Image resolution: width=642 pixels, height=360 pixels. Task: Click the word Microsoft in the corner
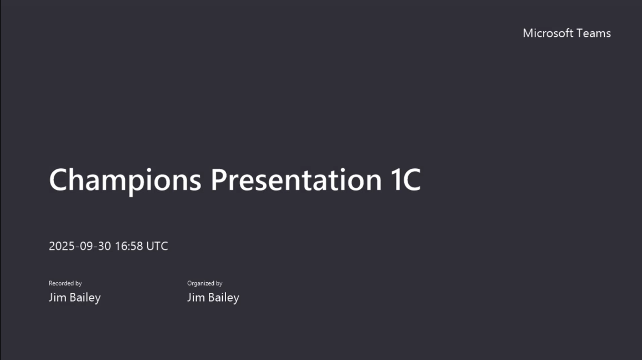click(548, 33)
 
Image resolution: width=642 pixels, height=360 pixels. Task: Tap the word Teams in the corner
click(593, 33)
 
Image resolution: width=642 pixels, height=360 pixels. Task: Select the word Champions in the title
click(125, 180)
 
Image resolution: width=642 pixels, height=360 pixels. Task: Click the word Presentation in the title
click(292, 180)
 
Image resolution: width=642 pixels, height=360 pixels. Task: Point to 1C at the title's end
click(402, 180)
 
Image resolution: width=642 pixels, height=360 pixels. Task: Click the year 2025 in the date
click(62, 246)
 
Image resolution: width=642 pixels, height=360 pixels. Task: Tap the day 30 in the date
click(104, 246)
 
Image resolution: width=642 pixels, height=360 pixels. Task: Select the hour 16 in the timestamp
click(121, 246)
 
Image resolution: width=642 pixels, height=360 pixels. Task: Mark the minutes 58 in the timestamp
click(136, 246)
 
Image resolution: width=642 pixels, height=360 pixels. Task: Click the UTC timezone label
click(157, 246)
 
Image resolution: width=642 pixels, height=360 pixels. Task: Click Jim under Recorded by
click(57, 298)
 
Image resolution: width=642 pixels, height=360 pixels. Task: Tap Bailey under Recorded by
click(85, 298)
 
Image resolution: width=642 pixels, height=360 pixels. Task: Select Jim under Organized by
click(195, 298)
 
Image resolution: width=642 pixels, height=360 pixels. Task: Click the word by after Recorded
click(78, 283)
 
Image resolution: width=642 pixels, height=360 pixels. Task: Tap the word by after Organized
click(219, 283)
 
